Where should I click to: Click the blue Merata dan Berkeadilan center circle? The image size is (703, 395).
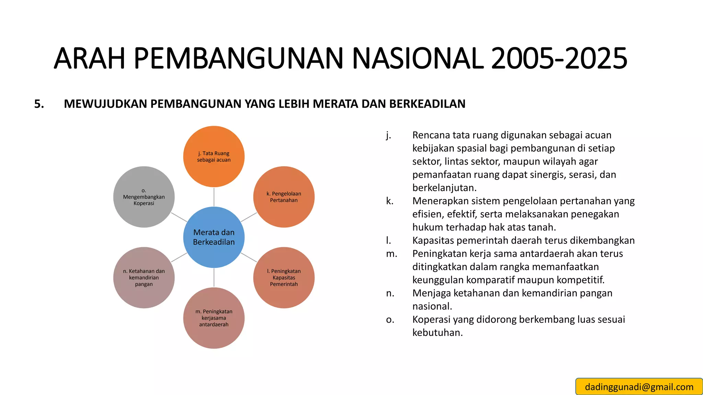tap(214, 237)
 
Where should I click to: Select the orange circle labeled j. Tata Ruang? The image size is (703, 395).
tap(214, 156)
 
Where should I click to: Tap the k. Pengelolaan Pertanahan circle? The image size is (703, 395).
tap(284, 197)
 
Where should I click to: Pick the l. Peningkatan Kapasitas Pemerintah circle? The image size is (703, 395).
tap(284, 277)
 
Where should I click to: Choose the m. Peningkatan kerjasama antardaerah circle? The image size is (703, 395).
tap(214, 318)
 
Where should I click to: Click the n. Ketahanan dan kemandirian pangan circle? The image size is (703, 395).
tap(144, 277)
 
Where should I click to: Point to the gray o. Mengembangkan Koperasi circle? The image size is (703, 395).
tap(144, 197)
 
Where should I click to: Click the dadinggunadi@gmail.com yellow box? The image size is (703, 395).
tap(639, 387)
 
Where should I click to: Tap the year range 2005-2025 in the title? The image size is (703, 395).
tap(559, 58)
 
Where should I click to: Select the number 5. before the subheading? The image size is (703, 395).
tap(39, 104)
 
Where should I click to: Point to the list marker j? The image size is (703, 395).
tap(388, 135)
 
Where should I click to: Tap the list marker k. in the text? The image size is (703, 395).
tap(390, 201)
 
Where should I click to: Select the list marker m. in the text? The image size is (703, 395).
tap(391, 254)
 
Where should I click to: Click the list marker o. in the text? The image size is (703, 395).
tap(390, 320)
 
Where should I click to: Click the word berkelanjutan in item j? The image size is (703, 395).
tap(444, 188)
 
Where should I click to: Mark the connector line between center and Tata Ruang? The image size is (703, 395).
tap(214, 197)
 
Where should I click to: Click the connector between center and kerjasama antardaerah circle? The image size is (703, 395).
tap(214, 277)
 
